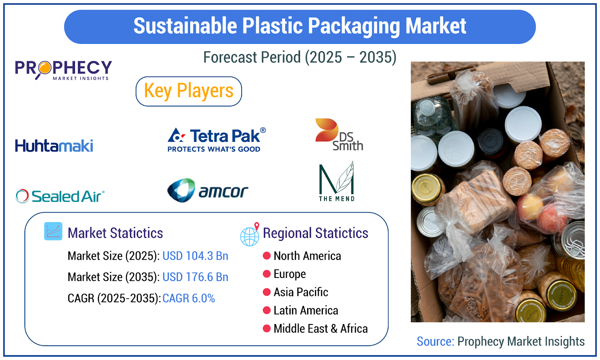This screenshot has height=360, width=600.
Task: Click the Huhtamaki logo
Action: [54, 145]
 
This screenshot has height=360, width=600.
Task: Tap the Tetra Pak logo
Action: [217, 140]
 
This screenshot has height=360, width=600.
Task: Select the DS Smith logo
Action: [339, 135]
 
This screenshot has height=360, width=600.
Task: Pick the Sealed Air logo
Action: [60, 196]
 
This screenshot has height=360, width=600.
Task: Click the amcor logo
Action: [208, 190]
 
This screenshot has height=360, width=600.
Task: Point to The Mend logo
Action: [337, 181]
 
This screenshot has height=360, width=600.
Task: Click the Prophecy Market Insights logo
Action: [63, 70]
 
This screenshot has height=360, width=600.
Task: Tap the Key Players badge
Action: [189, 91]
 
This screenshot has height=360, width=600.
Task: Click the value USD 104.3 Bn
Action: [195, 256]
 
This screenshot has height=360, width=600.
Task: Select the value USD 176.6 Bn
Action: [195, 277]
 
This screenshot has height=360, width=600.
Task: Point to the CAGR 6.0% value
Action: [189, 298]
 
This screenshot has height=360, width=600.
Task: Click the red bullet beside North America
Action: [267, 256]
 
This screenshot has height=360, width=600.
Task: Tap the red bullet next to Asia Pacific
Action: [267, 292]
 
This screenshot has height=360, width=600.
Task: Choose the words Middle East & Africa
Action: [321, 328]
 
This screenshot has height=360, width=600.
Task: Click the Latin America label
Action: [306, 310]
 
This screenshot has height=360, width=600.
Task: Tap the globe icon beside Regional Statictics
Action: [250, 234]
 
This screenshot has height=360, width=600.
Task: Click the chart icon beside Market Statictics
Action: [53, 231]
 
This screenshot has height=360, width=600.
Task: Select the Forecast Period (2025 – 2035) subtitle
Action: [300, 57]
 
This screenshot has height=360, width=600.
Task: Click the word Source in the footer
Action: [435, 342]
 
